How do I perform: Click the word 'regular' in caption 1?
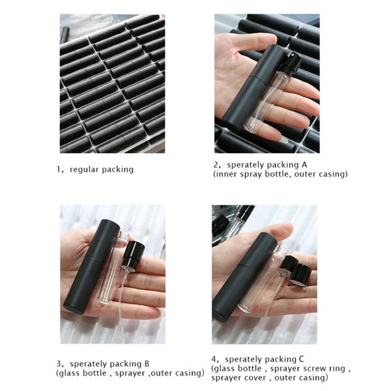click(x=84, y=170)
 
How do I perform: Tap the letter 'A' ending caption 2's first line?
click(x=304, y=165)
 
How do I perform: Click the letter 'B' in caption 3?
click(x=147, y=364)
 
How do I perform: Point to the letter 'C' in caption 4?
click(x=301, y=359)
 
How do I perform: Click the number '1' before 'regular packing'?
click(x=59, y=169)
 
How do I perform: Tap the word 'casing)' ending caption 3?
click(x=190, y=373)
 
